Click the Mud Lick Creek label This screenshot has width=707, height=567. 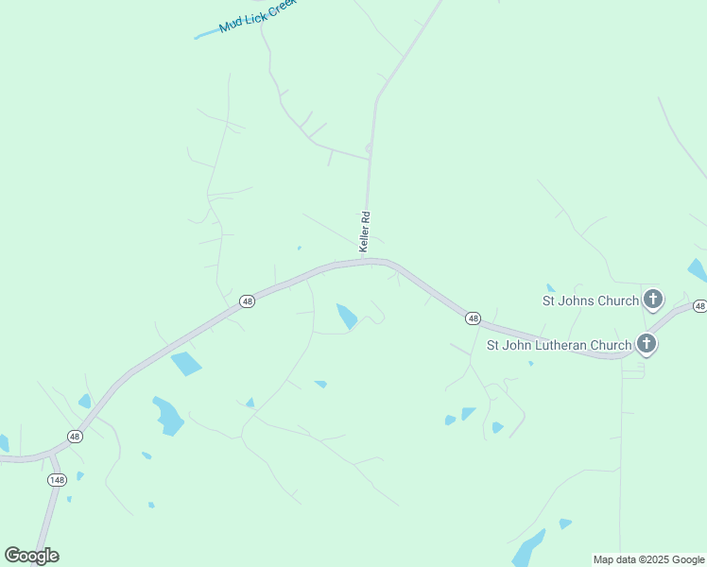pos(258,16)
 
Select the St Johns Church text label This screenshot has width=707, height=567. pos(591,301)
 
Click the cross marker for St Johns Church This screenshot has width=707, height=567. pos(652,301)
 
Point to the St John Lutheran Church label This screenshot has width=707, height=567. pos(559,345)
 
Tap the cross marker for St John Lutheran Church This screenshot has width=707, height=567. pos(646,344)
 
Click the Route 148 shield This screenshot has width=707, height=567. pos(57,480)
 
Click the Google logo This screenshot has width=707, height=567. pos(31,555)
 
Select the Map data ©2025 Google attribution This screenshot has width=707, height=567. pos(648,559)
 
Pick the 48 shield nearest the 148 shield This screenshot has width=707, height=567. pos(75,436)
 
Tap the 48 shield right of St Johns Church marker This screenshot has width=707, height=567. pos(699,306)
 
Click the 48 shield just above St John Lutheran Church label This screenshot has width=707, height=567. pos(474,318)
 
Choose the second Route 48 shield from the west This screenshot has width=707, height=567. pos(247,301)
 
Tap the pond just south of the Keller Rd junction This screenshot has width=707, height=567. pos(347,316)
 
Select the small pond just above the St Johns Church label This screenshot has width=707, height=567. pos(550,287)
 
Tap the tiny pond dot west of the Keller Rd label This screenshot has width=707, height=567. pos(300,249)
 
